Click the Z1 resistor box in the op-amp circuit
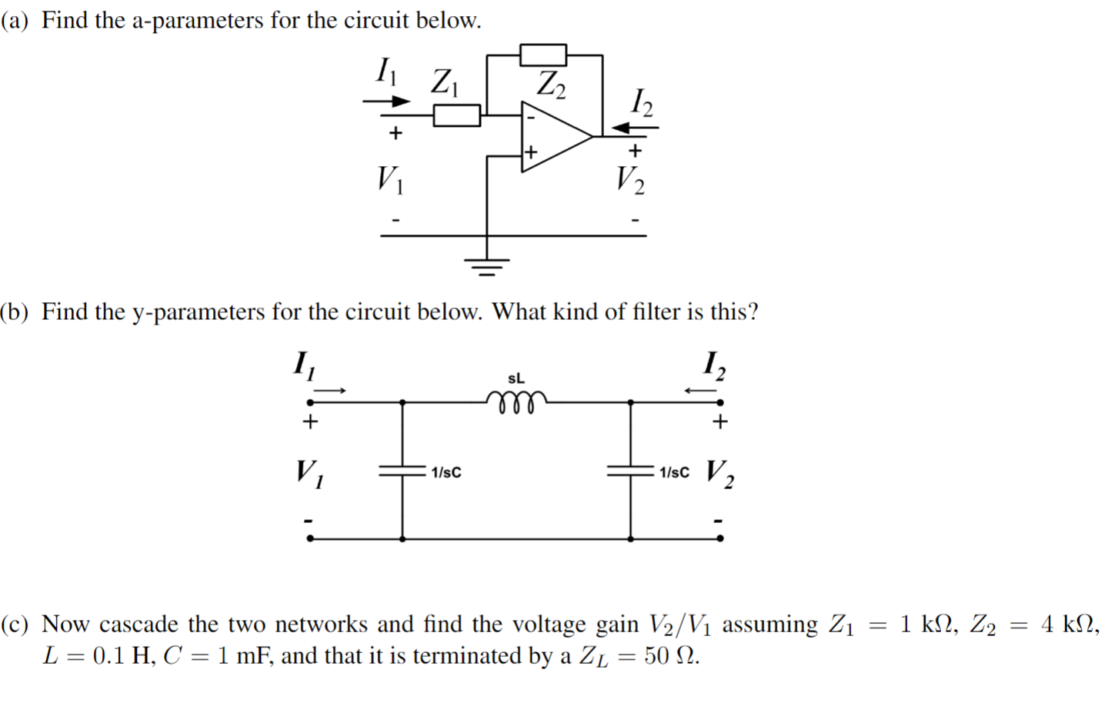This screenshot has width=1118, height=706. pos(457,115)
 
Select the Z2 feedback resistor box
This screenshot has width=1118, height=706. pos(543,55)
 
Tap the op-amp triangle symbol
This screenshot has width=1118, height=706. pos(554,136)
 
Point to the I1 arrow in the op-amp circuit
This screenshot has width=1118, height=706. pos(387,101)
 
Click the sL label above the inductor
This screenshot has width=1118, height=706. pos(516,378)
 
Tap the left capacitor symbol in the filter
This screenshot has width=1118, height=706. pos(401,471)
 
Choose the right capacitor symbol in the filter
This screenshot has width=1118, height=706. pos(630,471)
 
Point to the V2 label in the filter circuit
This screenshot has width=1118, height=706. pos(719,472)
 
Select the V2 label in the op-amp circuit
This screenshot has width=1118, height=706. pos(630,180)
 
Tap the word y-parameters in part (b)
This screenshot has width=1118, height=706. pos(199,311)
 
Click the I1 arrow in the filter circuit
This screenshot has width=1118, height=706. pos(332,391)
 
